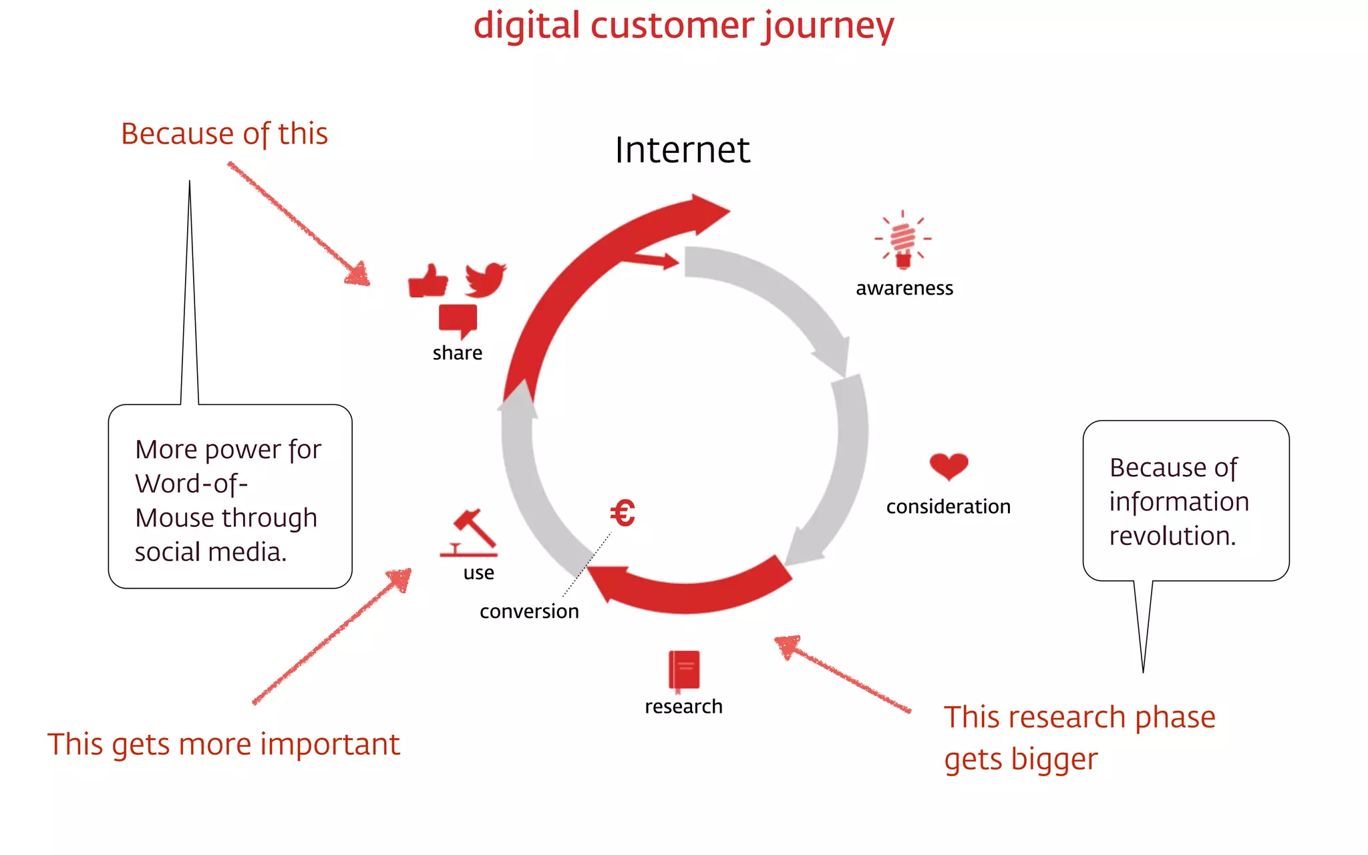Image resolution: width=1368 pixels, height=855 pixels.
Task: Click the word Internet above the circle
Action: coord(682,150)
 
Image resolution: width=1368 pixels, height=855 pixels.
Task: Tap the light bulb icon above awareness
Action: coord(903,240)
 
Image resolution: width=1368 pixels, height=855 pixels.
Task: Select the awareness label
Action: coord(904,288)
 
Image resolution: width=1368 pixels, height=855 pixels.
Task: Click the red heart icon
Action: coord(949,466)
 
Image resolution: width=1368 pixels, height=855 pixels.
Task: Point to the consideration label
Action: coord(948,507)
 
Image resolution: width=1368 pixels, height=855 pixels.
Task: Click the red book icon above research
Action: coord(684,670)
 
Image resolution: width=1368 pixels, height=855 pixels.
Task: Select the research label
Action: coord(683,707)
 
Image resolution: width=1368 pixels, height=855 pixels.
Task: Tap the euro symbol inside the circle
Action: coord(622,514)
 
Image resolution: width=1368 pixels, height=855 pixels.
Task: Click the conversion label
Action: coord(529,611)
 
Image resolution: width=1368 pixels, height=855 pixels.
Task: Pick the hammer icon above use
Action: coord(470,532)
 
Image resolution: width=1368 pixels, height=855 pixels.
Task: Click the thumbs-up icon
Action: coord(427,281)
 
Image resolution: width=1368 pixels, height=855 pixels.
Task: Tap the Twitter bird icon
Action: coord(486,280)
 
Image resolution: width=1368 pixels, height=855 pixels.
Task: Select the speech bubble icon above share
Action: coord(458,320)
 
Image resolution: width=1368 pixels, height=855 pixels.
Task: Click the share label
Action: coord(457,353)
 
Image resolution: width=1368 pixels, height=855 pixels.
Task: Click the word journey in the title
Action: coord(828,27)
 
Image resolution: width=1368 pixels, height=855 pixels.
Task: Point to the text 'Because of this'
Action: coord(224,134)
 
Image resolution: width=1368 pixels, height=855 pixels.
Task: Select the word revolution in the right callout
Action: coord(1172,536)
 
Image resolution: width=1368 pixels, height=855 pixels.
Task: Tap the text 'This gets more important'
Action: coord(223,744)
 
